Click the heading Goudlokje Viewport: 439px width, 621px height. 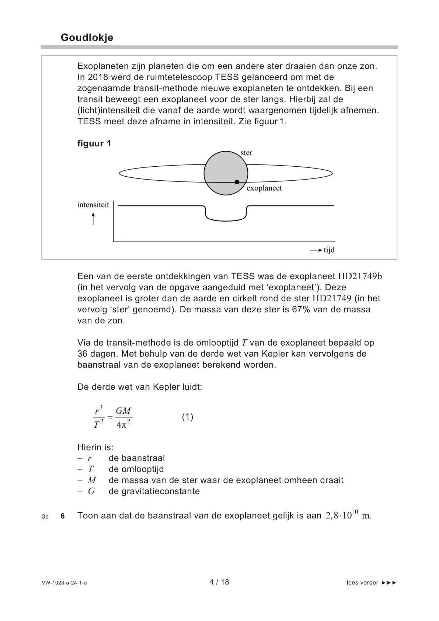pos(87,38)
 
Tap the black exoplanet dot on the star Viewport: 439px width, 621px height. pos(237,182)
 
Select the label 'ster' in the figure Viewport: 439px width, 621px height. pos(246,153)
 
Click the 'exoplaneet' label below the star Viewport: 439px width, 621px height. pos(264,188)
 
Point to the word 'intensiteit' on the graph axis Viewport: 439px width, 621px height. pos(93,205)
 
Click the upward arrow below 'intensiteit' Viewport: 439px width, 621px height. pos(93,219)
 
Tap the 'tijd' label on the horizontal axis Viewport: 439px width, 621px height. pos(329,250)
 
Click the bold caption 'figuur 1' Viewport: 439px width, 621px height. pos(94,143)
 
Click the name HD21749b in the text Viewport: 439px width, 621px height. pos(360,276)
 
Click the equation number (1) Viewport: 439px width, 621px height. pos(187,417)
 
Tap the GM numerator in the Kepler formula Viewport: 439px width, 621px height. pos(123,411)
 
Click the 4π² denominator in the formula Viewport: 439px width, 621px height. pos(123,424)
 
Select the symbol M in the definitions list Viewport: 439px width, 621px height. pos(91,480)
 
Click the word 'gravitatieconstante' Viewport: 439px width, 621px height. pos(154,491)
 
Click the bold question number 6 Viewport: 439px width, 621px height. pos(63,516)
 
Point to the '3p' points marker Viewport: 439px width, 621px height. pos(45,517)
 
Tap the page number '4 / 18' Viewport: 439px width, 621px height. pos(219,582)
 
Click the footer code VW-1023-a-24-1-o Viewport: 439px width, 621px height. pos(64,583)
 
